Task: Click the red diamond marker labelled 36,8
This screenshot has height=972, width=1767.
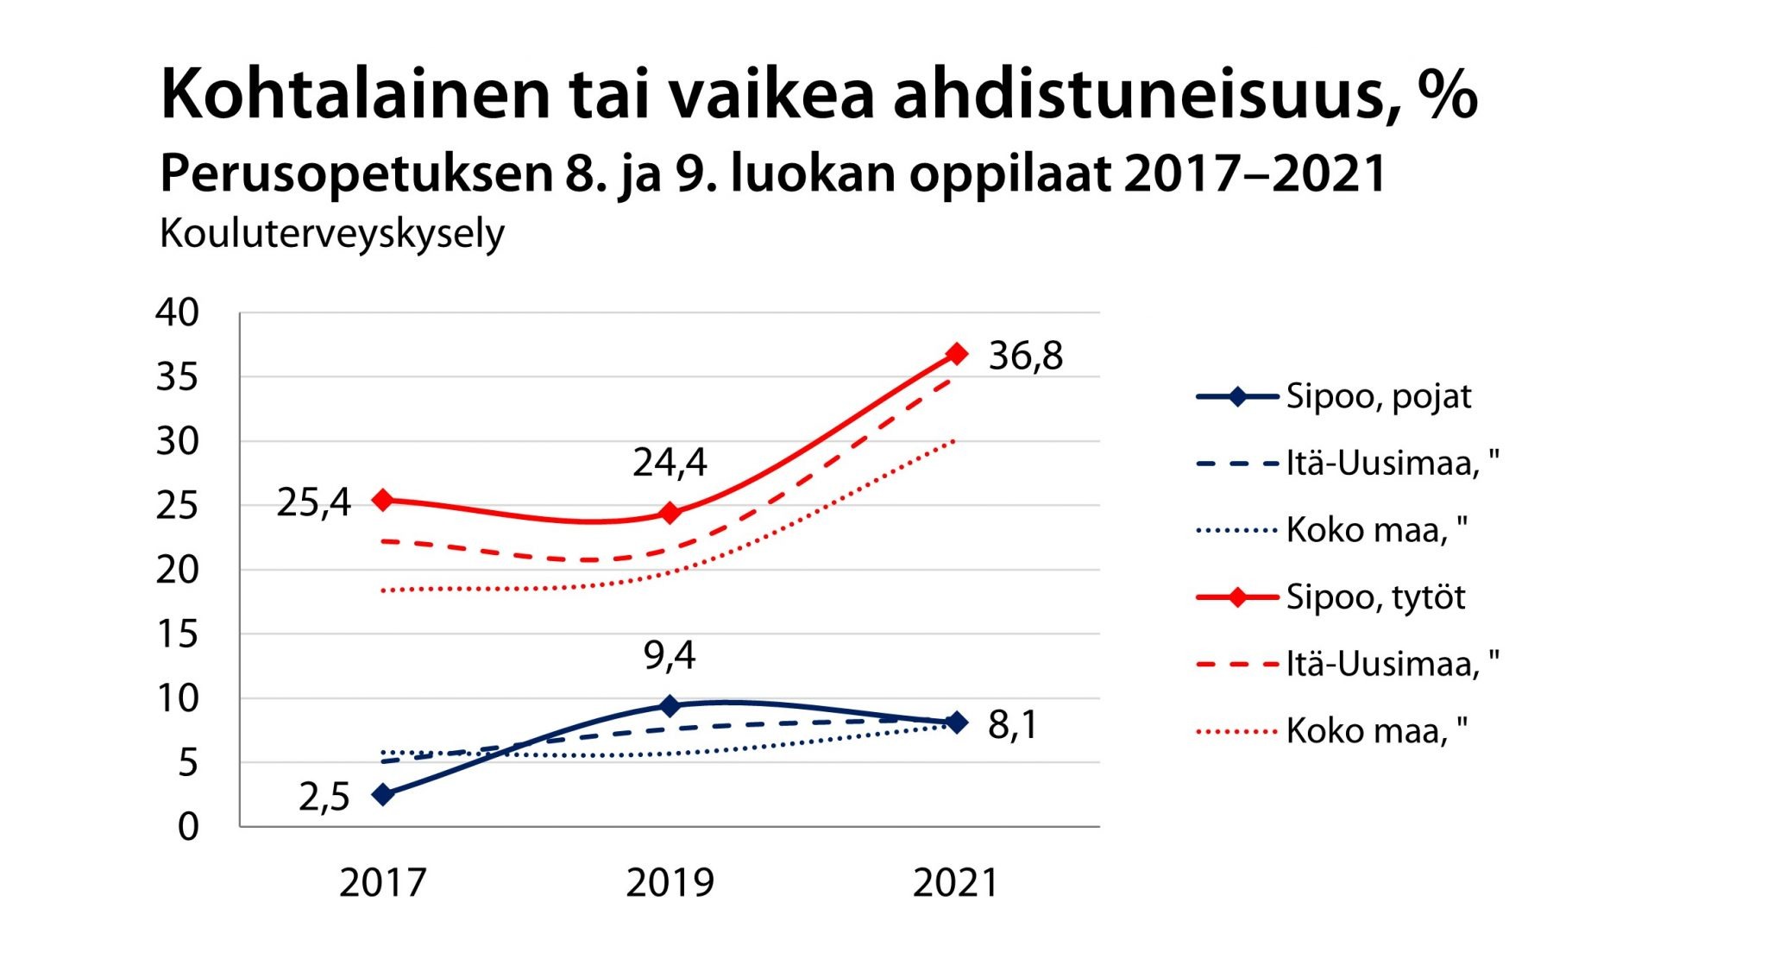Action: pyautogui.click(x=956, y=354)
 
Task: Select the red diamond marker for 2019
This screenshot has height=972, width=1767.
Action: pyautogui.click(x=670, y=513)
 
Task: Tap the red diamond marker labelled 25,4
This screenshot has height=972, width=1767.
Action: pyautogui.click(x=383, y=500)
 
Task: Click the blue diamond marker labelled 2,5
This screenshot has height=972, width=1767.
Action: pyautogui.click(x=383, y=794)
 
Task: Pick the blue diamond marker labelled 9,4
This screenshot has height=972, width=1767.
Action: pyautogui.click(x=670, y=706)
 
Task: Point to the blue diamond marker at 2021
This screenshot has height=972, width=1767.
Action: pyautogui.click(x=956, y=723)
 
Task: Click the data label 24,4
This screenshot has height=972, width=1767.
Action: pyautogui.click(x=670, y=464)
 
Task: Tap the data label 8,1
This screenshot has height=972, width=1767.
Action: pyautogui.click(x=1013, y=725)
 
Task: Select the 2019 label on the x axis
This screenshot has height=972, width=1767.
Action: pyautogui.click(x=670, y=883)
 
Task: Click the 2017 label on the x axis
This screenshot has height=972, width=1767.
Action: pyautogui.click(x=383, y=883)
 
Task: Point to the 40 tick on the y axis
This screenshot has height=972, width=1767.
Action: pyautogui.click(x=177, y=312)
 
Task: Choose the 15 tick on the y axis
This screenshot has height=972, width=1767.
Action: pyautogui.click(x=177, y=634)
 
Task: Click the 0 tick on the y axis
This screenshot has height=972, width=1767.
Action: pyautogui.click(x=188, y=827)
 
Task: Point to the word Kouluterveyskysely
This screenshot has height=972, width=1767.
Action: pyautogui.click(x=332, y=234)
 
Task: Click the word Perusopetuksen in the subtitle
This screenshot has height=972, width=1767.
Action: pyautogui.click(x=355, y=174)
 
